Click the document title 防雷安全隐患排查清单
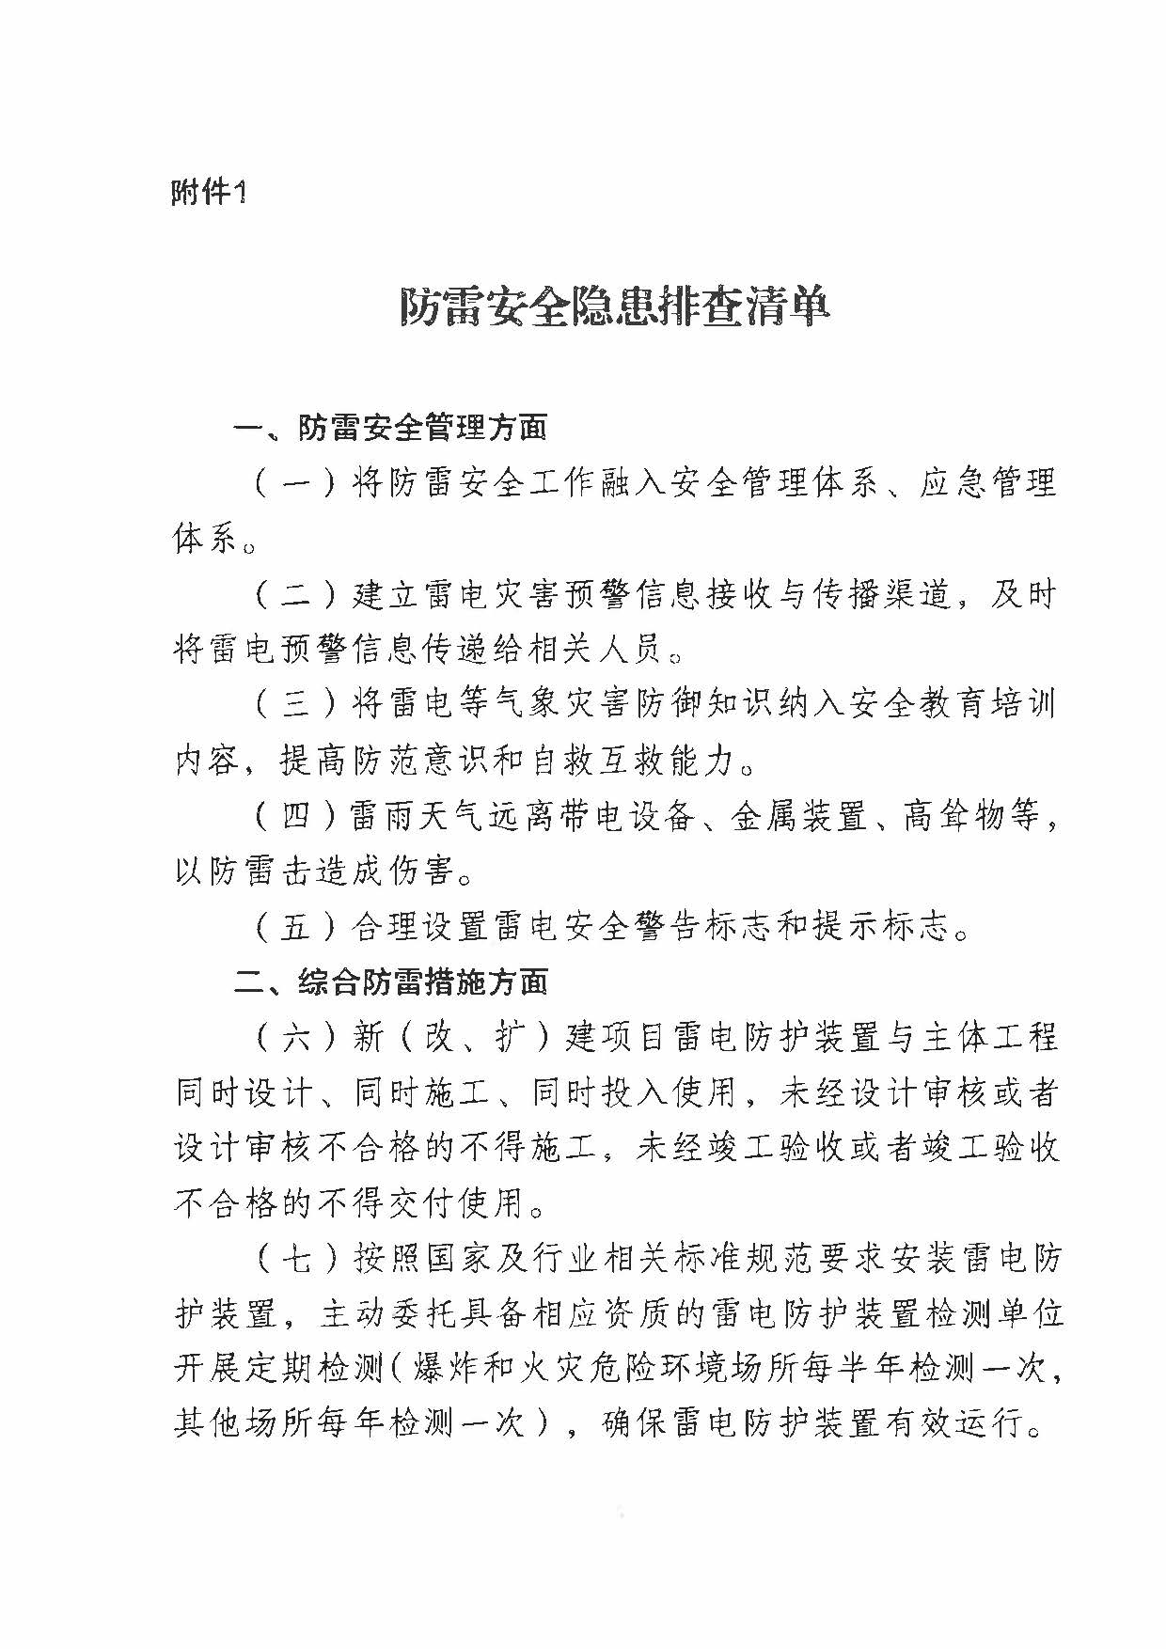point(615,306)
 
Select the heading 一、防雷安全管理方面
point(390,429)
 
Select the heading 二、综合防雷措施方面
point(390,983)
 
